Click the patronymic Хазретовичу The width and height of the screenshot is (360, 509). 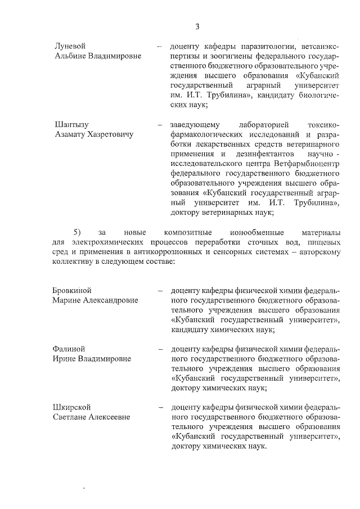pos(107,134)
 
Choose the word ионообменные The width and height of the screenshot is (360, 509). pos(255,232)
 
